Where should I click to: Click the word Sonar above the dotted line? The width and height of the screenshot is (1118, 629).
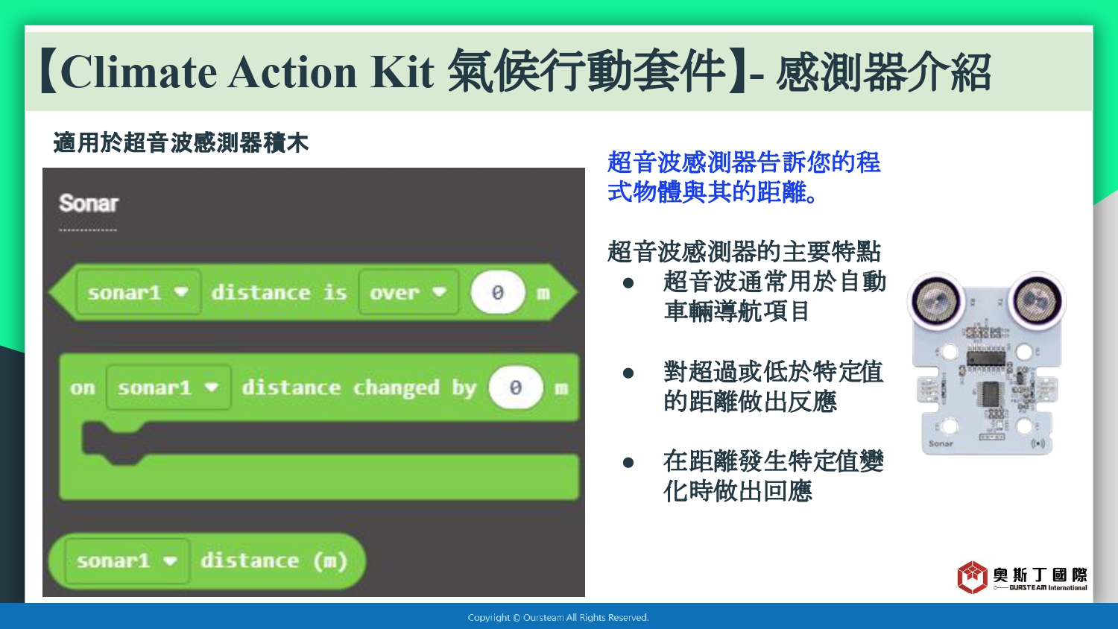(x=89, y=203)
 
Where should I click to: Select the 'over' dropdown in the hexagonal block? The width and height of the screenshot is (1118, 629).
(x=408, y=292)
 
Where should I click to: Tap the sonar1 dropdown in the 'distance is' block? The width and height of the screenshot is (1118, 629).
(x=139, y=292)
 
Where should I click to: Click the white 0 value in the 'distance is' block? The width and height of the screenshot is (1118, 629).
(x=498, y=292)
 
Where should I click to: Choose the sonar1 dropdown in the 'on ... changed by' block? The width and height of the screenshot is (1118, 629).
(x=168, y=388)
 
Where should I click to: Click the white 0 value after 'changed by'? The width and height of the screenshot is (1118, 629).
(x=516, y=388)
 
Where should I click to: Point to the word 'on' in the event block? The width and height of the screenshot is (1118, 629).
(x=82, y=388)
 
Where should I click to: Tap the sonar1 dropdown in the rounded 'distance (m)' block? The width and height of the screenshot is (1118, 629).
(x=127, y=560)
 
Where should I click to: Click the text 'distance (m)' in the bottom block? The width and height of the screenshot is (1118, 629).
(x=274, y=560)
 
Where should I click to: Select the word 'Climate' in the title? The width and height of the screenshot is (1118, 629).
(x=139, y=72)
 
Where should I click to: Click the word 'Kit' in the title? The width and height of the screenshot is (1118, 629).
(x=402, y=72)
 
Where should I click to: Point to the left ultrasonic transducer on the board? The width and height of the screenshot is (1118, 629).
(x=936, y=301)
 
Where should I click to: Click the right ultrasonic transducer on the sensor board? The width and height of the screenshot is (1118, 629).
(x=1038, y=301)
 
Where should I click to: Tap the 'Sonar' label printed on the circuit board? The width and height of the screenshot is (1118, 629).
(x=941, y=443)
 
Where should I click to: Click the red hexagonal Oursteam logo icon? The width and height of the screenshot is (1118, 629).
(x=972, y=577)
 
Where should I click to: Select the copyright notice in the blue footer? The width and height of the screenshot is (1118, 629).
(x=558, y=618)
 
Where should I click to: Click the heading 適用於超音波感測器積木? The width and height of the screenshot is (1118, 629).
(x=180, y=143)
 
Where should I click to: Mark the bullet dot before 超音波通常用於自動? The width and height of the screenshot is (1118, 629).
(x=628, y=283)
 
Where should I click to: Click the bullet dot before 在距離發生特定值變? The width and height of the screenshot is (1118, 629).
(x=628, y=462)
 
